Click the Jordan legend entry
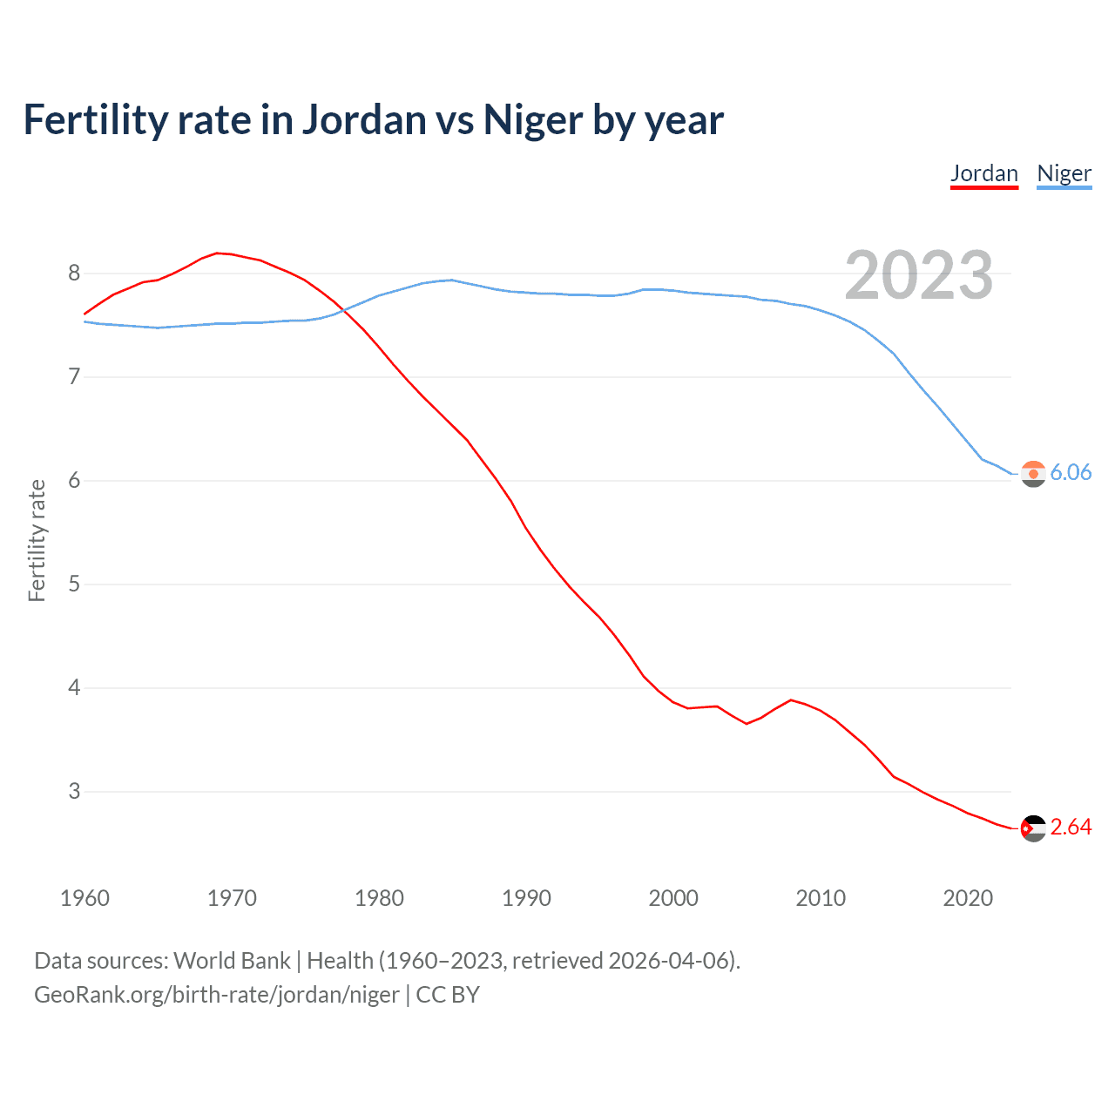983,173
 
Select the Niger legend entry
1064,173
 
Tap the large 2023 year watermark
918,275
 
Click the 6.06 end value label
1071,472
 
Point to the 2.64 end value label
1071,827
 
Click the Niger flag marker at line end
1033,474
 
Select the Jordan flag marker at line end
1033,828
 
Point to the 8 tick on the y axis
74,274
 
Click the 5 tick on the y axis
74,585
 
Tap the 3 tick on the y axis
74,792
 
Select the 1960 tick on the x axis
84,898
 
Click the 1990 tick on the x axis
526,898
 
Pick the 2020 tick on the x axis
968,898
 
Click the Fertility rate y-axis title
37,540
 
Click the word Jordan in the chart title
364,120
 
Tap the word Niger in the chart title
532,120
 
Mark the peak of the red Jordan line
218,253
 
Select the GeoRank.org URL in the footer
217,995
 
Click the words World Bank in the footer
232,961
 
